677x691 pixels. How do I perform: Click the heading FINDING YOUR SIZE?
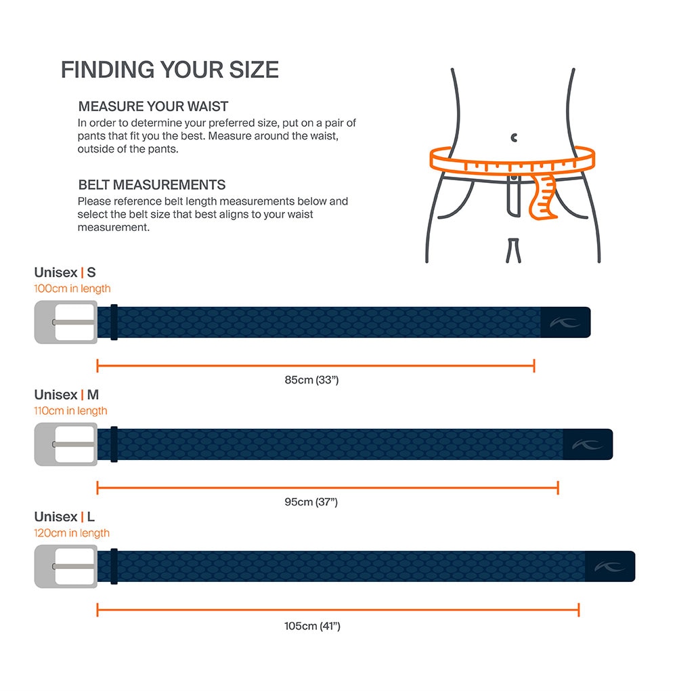[169, 70]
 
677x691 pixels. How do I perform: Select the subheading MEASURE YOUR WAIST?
[153, 106]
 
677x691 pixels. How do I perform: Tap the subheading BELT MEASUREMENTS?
[152, 185]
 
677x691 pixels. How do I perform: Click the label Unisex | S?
[65, 272]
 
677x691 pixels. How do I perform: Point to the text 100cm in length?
[72, 289]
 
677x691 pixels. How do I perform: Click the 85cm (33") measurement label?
[311, 380]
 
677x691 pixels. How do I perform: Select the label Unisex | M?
[66, 394]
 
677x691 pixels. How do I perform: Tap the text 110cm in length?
[70, 411]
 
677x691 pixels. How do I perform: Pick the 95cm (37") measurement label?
[311, 502]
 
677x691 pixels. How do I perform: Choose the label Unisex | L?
[64, 517]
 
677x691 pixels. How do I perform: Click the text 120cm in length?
[72, 533]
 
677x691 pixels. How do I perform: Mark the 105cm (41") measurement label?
[312, 626]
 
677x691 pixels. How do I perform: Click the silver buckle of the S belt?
[66, 322]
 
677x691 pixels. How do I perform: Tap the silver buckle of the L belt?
[66, 566]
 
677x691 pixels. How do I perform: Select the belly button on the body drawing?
[514, 138]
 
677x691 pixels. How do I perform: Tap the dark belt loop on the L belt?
[114, 566]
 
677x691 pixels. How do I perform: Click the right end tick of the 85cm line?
[534, 366]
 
